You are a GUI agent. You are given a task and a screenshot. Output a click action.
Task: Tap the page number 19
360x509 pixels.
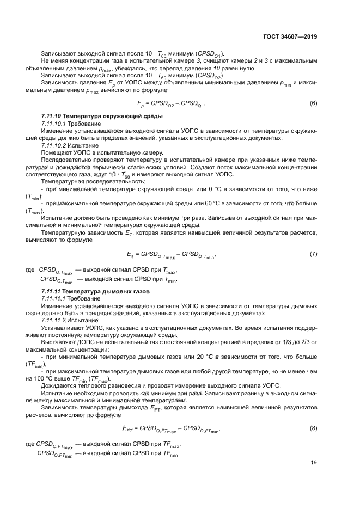tap(314, 463)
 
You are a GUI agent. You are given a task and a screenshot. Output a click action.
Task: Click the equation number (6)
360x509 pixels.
tap(313, 103)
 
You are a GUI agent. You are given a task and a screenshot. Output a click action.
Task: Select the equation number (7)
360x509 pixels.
tap(313, 254)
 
